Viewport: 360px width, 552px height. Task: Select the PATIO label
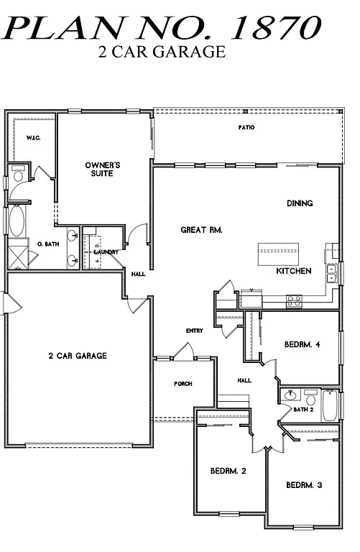pos(247,127)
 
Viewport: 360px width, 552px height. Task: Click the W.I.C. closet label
pos(33,137)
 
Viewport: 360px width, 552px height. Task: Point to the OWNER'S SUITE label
pos(103,170)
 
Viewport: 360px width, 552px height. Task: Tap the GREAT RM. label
pos(201,230)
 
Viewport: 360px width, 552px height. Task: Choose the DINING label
pos(300,203)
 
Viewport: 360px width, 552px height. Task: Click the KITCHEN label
pos(294,271)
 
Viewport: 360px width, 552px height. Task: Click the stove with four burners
pos(294,301)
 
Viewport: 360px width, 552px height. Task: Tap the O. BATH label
pos(47,245)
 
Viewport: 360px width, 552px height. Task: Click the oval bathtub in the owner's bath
pos(15,221)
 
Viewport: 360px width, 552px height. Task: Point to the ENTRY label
pos(194,331)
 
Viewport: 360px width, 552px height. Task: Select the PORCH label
pos(183,384)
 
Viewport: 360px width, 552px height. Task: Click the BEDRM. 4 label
pos(302,344)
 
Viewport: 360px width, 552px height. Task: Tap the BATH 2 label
pos(302,410)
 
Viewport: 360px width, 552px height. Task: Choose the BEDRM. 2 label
pos(229,471)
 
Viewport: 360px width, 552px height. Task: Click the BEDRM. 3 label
pos(304,484)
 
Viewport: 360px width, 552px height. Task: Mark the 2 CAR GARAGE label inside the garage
pos(78,356)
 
